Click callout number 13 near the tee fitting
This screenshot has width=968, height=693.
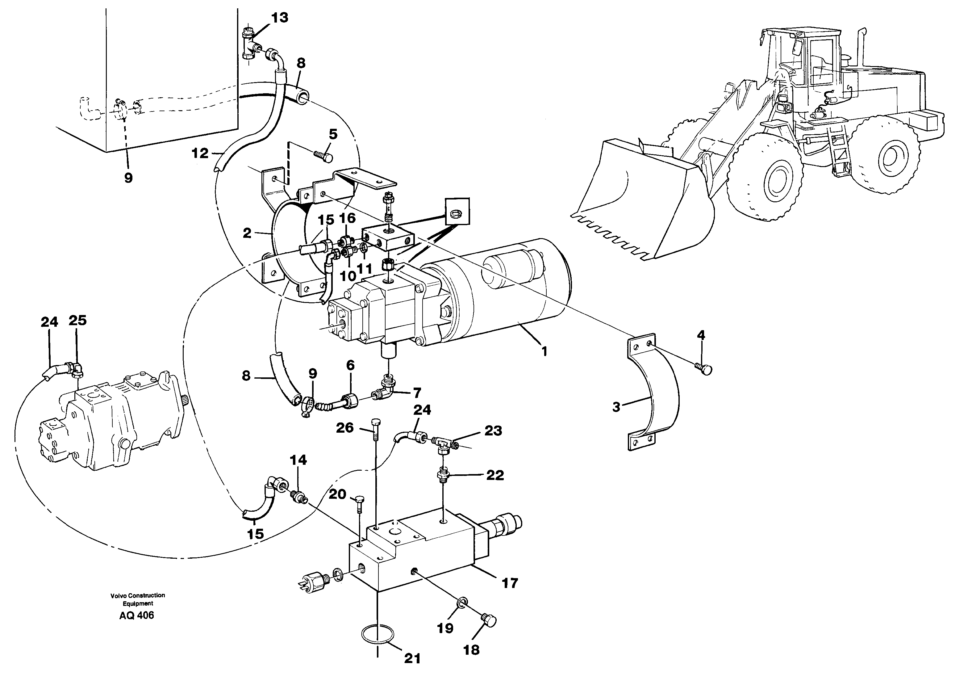click(x=279, y=18)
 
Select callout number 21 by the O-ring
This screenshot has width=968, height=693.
click(x=412, y=658)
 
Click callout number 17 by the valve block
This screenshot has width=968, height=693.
click(x=510, y=583)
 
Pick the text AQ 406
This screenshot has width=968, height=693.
click(x=137, y=615)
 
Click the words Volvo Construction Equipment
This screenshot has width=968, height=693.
click(x=137, y=599)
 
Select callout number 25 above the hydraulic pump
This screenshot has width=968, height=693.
click(x=77, y=320)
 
